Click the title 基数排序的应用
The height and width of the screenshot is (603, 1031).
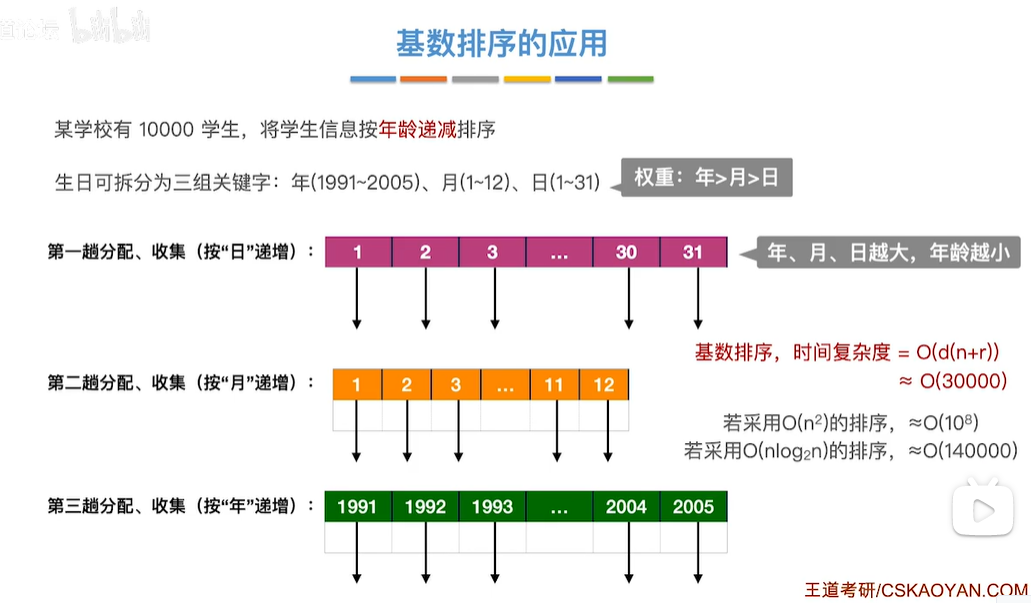[501, 44]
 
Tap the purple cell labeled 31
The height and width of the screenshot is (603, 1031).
[693, 252]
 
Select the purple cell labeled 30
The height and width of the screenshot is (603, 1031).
[626, 252]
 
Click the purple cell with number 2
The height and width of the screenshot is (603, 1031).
[425, 252]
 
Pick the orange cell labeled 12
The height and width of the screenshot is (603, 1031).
[604, 385]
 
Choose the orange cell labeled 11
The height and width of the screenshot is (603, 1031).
[554, 385]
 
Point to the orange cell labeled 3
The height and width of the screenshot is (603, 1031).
[456, 385]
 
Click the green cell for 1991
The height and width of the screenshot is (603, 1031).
[357, 507]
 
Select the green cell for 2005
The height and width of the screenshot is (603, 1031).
[693, 507]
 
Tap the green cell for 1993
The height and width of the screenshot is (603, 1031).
[492, 507]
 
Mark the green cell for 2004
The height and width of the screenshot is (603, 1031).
[626, 507]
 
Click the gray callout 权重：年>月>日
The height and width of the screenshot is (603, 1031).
[706, 179]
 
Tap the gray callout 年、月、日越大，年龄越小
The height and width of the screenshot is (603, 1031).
[887, 253]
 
